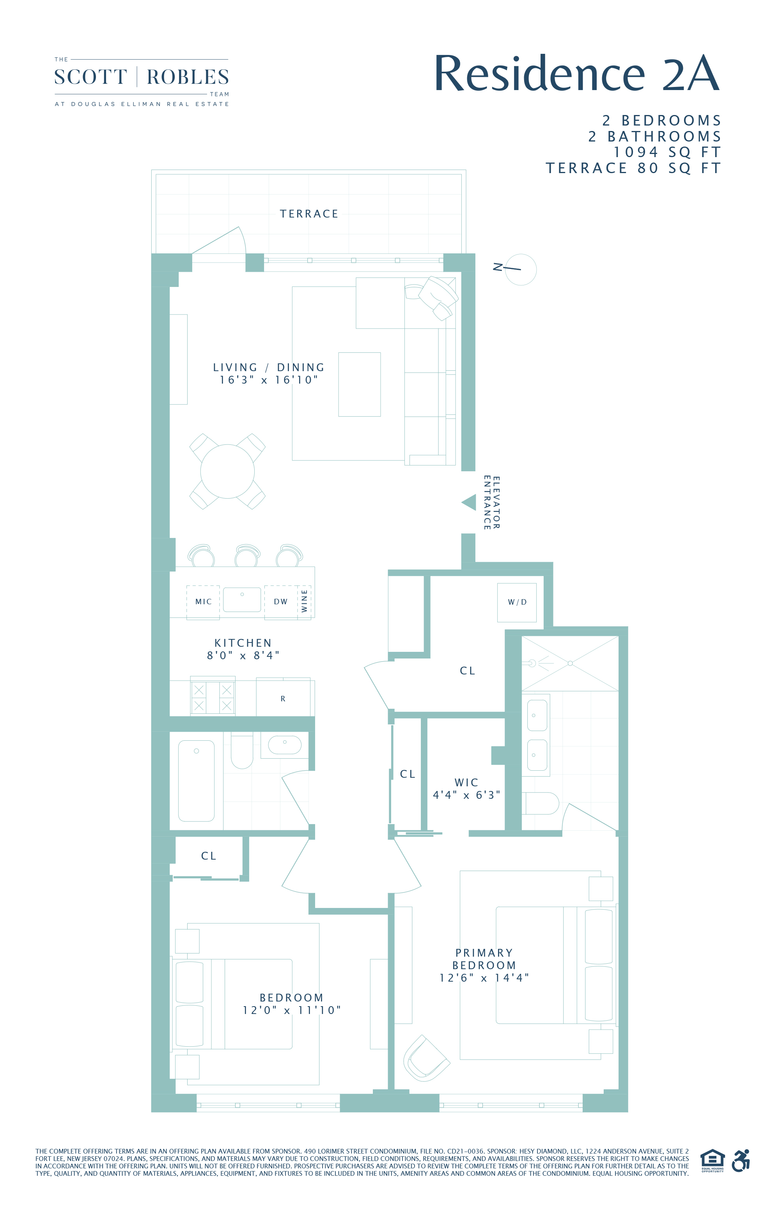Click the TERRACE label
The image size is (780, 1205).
[x=309, y=214]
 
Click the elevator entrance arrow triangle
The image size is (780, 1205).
[x=470, y=503]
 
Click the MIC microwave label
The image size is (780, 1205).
[x=203, y=602]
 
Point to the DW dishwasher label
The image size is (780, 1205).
[x=280, y=602]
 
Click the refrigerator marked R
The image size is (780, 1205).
[x=283, y=699]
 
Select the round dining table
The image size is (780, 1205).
[x=227, y=471]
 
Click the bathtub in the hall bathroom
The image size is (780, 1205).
[x=197, y=781]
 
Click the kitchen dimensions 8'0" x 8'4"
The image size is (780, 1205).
[x=243, y=655]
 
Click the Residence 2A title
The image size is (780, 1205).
[x=576, y=74]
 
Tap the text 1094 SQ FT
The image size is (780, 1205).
[x=667, y=152]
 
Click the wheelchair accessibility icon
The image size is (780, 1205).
[x=741, y=1161]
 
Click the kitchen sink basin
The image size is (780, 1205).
[x=242, y=600]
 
